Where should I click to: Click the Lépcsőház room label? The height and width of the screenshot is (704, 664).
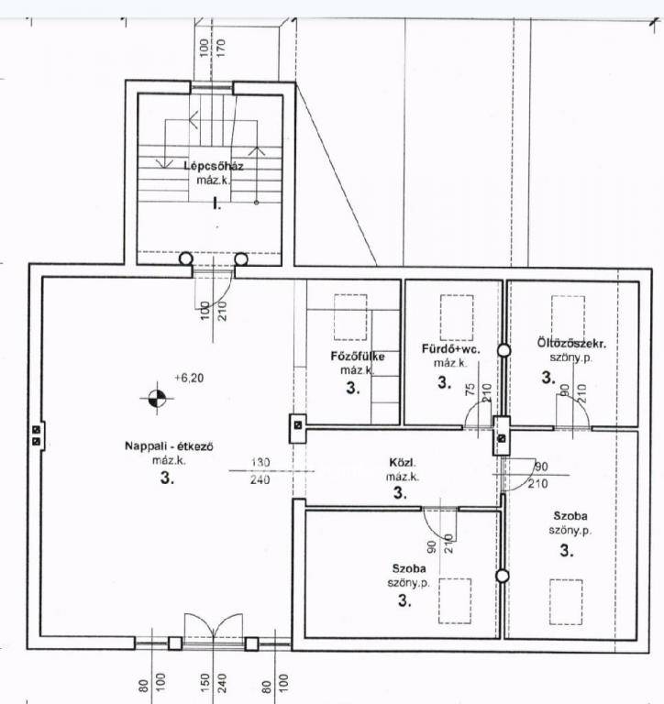(214, 166)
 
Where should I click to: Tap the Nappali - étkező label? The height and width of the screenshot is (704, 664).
(169, 446)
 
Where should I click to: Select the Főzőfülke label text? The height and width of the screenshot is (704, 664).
(358, 357)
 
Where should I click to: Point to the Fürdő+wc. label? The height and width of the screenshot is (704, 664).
(450, 349)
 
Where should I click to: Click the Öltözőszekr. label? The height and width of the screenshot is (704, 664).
(571, 344)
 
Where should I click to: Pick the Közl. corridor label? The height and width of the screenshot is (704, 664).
(403, 462)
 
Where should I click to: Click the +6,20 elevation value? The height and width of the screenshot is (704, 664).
(189, 378)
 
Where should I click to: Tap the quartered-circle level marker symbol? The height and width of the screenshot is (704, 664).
(156, 398)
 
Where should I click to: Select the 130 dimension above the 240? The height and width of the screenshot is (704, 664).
(260, 462)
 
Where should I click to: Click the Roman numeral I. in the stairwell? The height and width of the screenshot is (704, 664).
(217, 204)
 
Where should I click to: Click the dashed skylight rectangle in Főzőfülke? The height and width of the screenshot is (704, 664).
(350, 317)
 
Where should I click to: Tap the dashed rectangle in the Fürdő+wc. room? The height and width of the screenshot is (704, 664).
(457, 317)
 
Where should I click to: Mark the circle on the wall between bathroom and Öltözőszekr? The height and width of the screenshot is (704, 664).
(504, 351)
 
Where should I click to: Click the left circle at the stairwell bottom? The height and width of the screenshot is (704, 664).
(186, 259)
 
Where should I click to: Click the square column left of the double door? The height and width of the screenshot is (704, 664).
(175, 643)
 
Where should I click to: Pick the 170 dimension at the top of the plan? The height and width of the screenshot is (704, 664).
(220, 48)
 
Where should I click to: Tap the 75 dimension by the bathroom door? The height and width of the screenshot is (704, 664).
(470, 389)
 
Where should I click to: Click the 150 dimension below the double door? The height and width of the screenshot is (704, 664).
(205, 682)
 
